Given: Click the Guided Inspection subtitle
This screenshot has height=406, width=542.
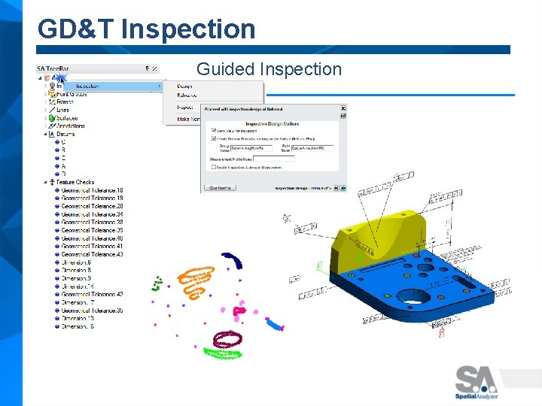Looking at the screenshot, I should [269, 69].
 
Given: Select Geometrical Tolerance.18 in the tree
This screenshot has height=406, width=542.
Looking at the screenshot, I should [92, 190].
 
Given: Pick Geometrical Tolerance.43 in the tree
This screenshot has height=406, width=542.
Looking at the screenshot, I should [92, 254].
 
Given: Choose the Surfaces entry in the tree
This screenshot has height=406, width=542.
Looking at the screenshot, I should [66, 118].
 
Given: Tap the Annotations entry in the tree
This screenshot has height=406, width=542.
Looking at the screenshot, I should [70, 126].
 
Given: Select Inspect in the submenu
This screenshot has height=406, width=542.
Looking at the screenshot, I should [185, 107].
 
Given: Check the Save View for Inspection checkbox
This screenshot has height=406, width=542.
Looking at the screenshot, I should [214, 131].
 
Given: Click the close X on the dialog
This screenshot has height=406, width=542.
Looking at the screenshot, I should [343, 108].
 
